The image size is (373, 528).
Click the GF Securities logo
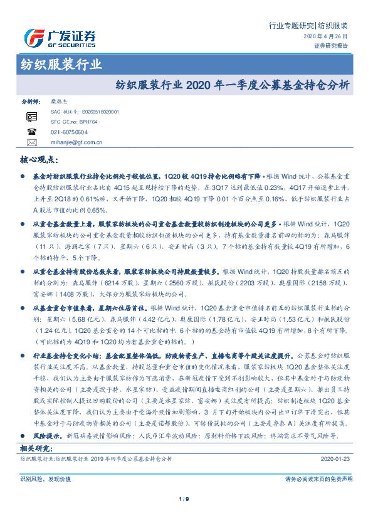pos(60,38)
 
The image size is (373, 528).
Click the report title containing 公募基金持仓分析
pos(233,84)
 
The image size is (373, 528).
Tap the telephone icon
pos(32,132)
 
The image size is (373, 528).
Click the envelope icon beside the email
pos(32,143)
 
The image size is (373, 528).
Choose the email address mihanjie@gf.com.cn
pos(77,143)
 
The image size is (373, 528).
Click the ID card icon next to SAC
pos(32,116)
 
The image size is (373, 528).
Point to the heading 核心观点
pos(39,161)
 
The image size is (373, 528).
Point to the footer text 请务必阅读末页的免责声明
pos(318,478)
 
